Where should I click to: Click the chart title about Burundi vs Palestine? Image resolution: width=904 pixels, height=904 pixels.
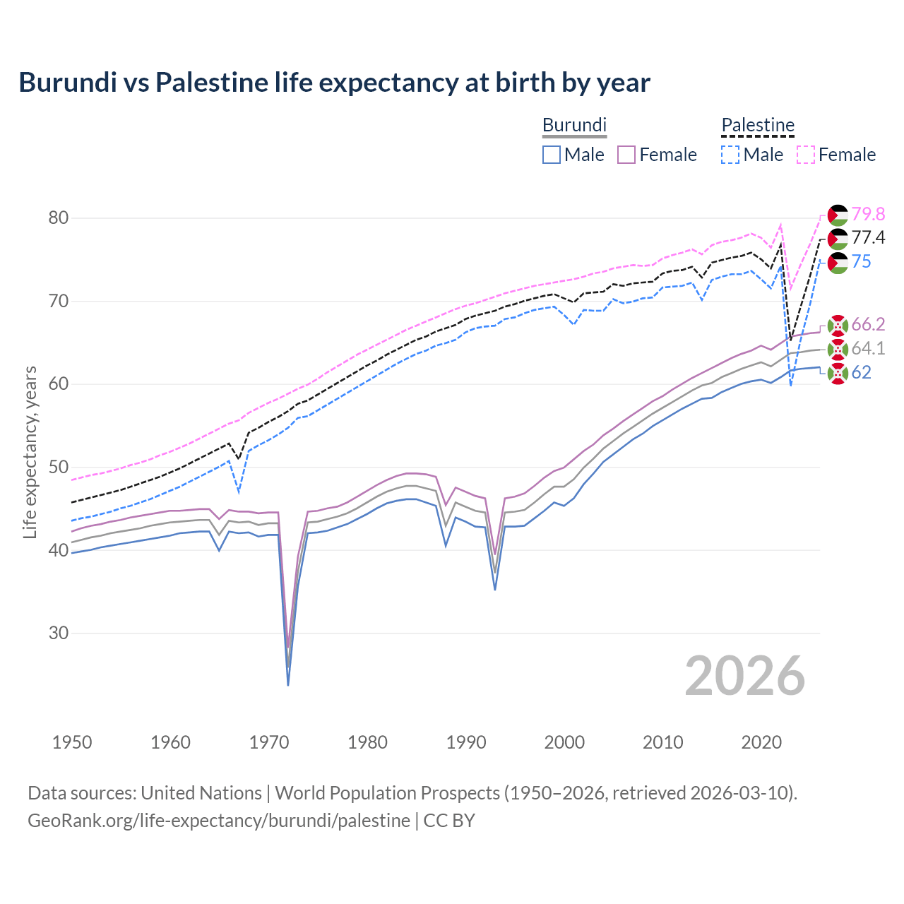[x=334, y=83]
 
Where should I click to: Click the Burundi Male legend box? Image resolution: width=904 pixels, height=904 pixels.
[x=552, y=155]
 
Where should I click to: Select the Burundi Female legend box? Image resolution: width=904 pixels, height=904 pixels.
[x=626, y=155]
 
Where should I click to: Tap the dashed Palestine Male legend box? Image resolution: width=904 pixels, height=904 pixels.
[x=730, y=155]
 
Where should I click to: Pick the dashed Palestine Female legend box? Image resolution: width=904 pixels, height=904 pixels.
[x=806, y=155]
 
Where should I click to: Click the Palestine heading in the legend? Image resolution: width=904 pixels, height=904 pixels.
[x=758, y=125]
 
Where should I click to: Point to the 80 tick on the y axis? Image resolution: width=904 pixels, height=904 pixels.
[x=59, y=218]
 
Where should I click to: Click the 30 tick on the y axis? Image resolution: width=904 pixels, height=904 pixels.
[x=59, y=634]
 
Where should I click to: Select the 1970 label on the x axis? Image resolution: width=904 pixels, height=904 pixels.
[x=269, y=742]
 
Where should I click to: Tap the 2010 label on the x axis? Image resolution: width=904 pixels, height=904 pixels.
[x=662, y=742]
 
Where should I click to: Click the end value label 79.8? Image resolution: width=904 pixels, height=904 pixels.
[x=868, y=214]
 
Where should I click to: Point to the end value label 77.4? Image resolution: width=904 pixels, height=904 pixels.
[x=868, y=238]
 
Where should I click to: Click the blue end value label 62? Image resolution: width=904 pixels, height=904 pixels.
[x=861, y=373]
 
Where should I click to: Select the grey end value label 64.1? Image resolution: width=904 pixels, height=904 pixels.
[x=868, y=349]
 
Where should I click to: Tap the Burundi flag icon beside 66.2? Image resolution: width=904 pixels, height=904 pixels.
[x=838, y=325]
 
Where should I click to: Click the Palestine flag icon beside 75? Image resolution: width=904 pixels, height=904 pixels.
[x=838, y=263]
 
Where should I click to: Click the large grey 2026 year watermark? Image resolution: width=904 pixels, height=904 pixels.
[x=744, y=676]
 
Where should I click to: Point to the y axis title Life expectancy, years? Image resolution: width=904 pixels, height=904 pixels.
[x=30, y=452]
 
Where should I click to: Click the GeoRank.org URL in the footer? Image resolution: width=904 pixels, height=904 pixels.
[x=219, y=821]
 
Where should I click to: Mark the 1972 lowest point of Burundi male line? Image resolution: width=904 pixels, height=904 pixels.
[x=288, y=684]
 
